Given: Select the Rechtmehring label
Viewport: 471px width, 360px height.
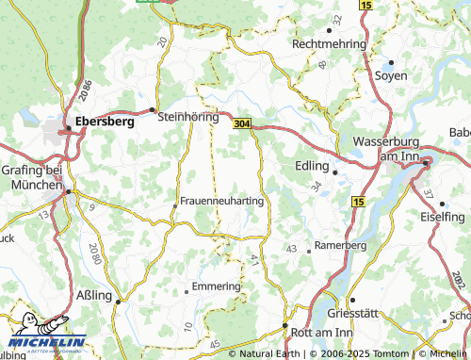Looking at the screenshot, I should point(328,43).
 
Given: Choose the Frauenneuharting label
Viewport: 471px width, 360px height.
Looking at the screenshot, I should point(220,201).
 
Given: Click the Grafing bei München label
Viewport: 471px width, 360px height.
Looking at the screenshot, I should point(31,176).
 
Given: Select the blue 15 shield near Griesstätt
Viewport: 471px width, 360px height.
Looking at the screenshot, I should point(357,202).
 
